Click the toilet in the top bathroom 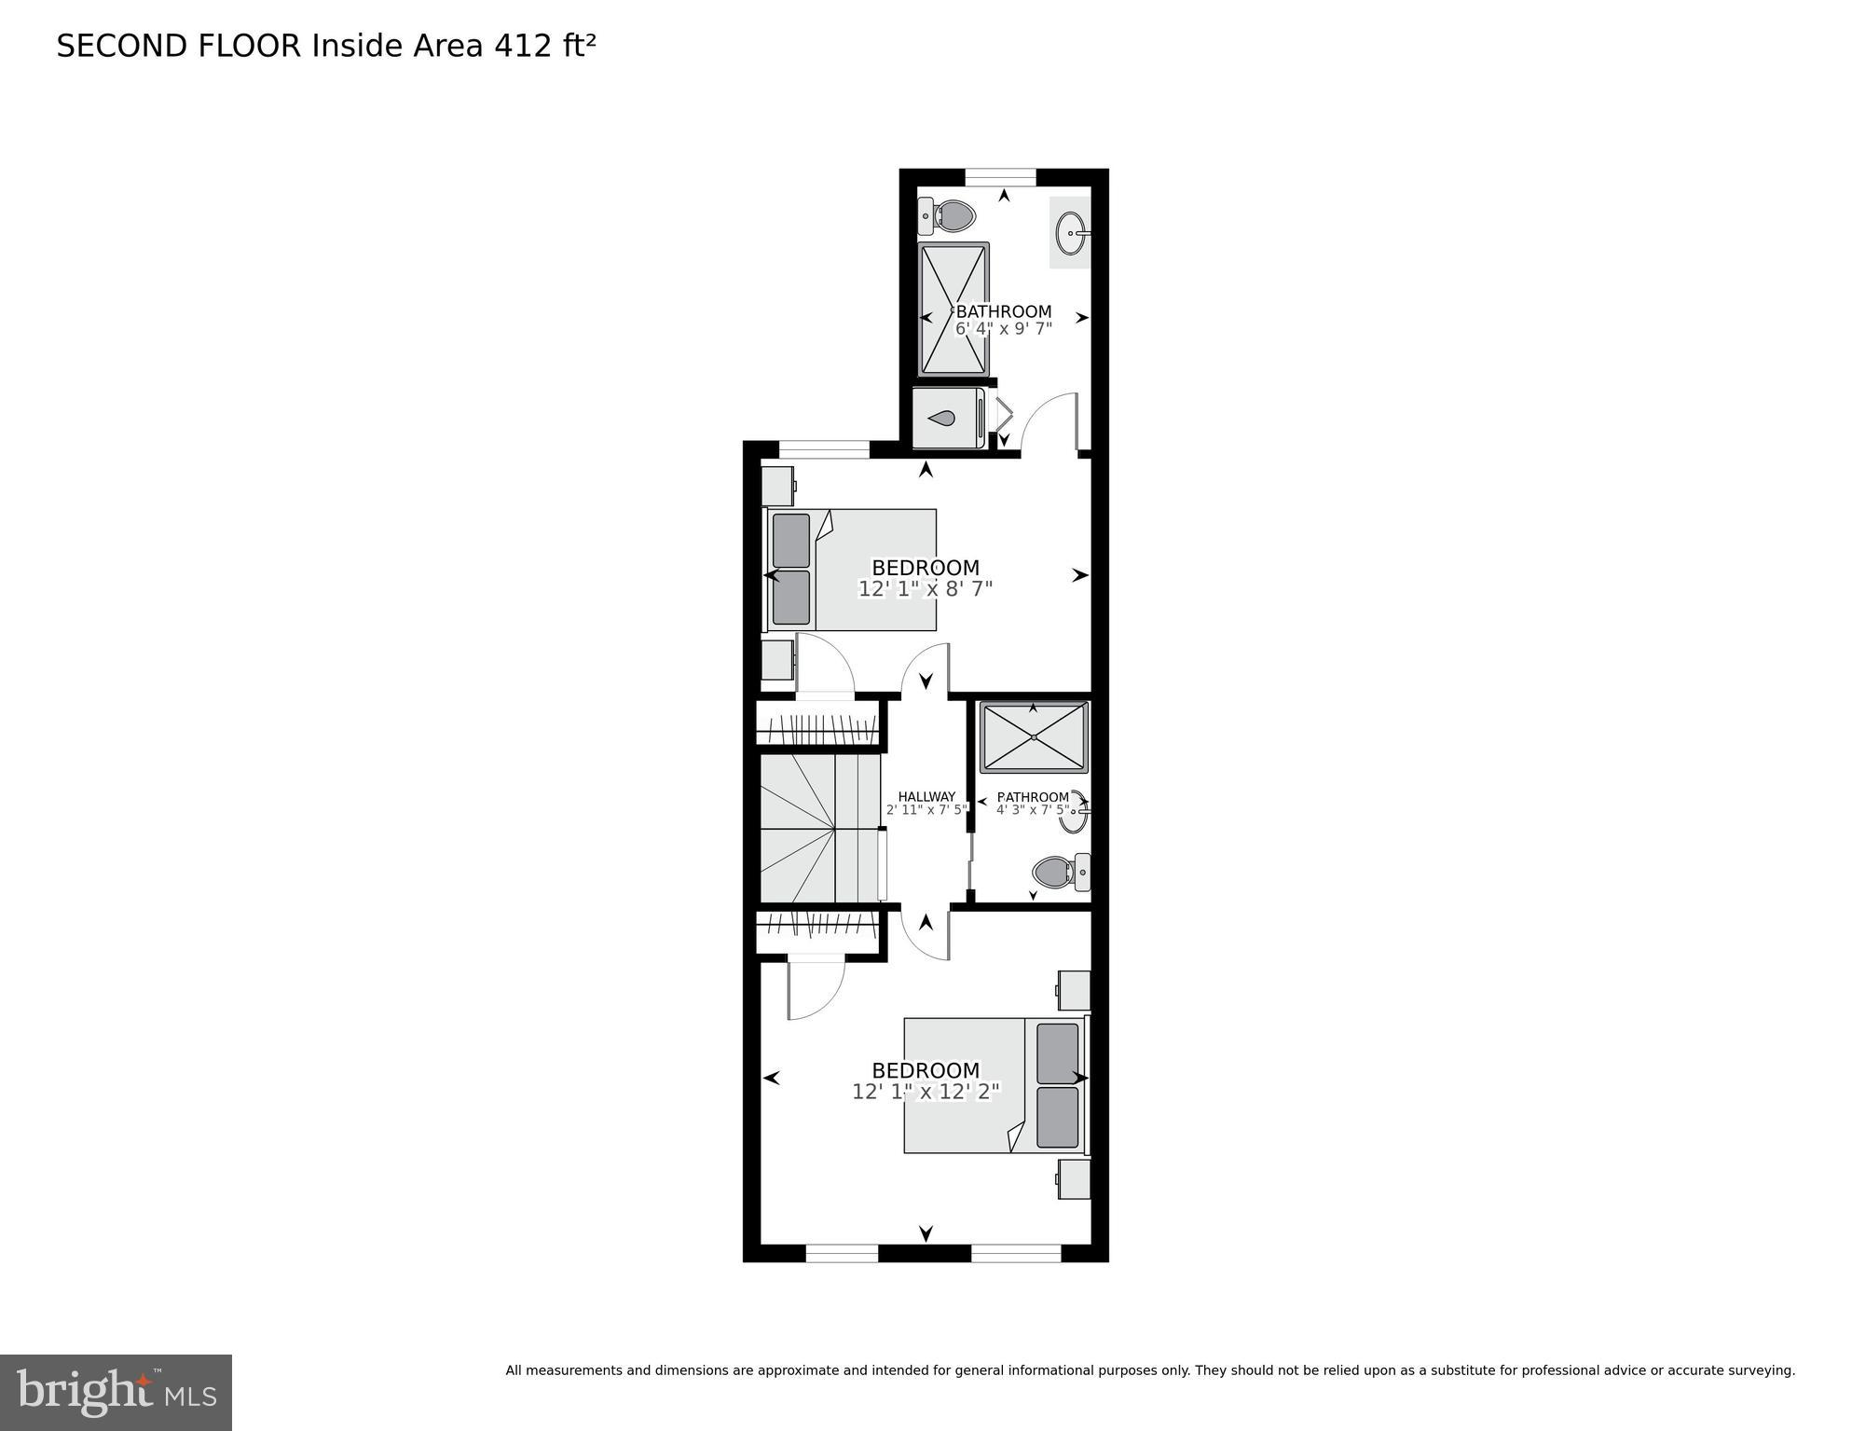coord(947,216)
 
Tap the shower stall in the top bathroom coord(953,309)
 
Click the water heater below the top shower coord(948,419)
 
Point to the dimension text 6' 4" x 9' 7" coord(1004,329)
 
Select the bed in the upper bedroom coord(851,570)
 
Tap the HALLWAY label coord(926,797)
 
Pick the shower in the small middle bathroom coord(1034,737)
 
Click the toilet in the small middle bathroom coord(1061,873)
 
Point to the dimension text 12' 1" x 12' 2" coord(926,1092)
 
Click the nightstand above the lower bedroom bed coord(1074,990)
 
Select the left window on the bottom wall coord(842,1253)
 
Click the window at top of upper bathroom coord(1000,177)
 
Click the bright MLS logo coord(116,1392)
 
